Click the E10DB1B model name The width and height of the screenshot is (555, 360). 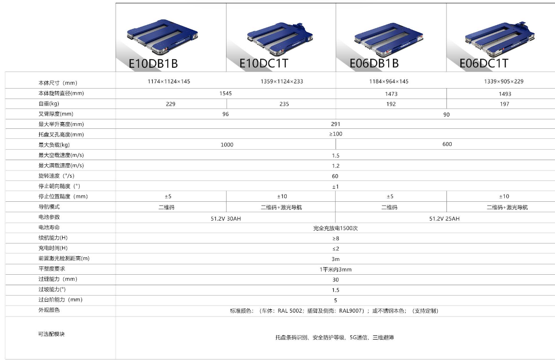(x=153, y=63)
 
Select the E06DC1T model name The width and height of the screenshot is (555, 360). (x=483, y=63)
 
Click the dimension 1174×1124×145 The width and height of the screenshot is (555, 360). (x=169, y=81)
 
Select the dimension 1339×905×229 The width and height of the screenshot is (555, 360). (x=504, y=81)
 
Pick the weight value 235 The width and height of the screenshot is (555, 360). (x=284, y=104)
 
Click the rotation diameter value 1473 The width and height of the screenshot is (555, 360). (x=391, y=94)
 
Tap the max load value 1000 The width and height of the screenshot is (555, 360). (x=227, y=145)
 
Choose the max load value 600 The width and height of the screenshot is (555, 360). (x=447, y=144)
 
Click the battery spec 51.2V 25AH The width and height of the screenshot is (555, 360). (x=444, y=219)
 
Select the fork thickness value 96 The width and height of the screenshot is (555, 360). (x=226, y=114)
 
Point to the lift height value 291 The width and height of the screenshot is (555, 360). (x=336, y=125)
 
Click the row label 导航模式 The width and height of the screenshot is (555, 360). (x=49, y=207)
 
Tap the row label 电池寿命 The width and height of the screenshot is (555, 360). (x=49, y=227)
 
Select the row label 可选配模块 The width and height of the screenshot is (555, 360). (x=52, y=334)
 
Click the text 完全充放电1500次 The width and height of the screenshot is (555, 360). (x=336, y=228)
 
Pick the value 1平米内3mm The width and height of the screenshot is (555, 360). (x=336, y=270)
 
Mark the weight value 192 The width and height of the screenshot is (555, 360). (x=391, y=104)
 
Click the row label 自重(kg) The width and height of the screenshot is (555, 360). (x=49, y=104)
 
